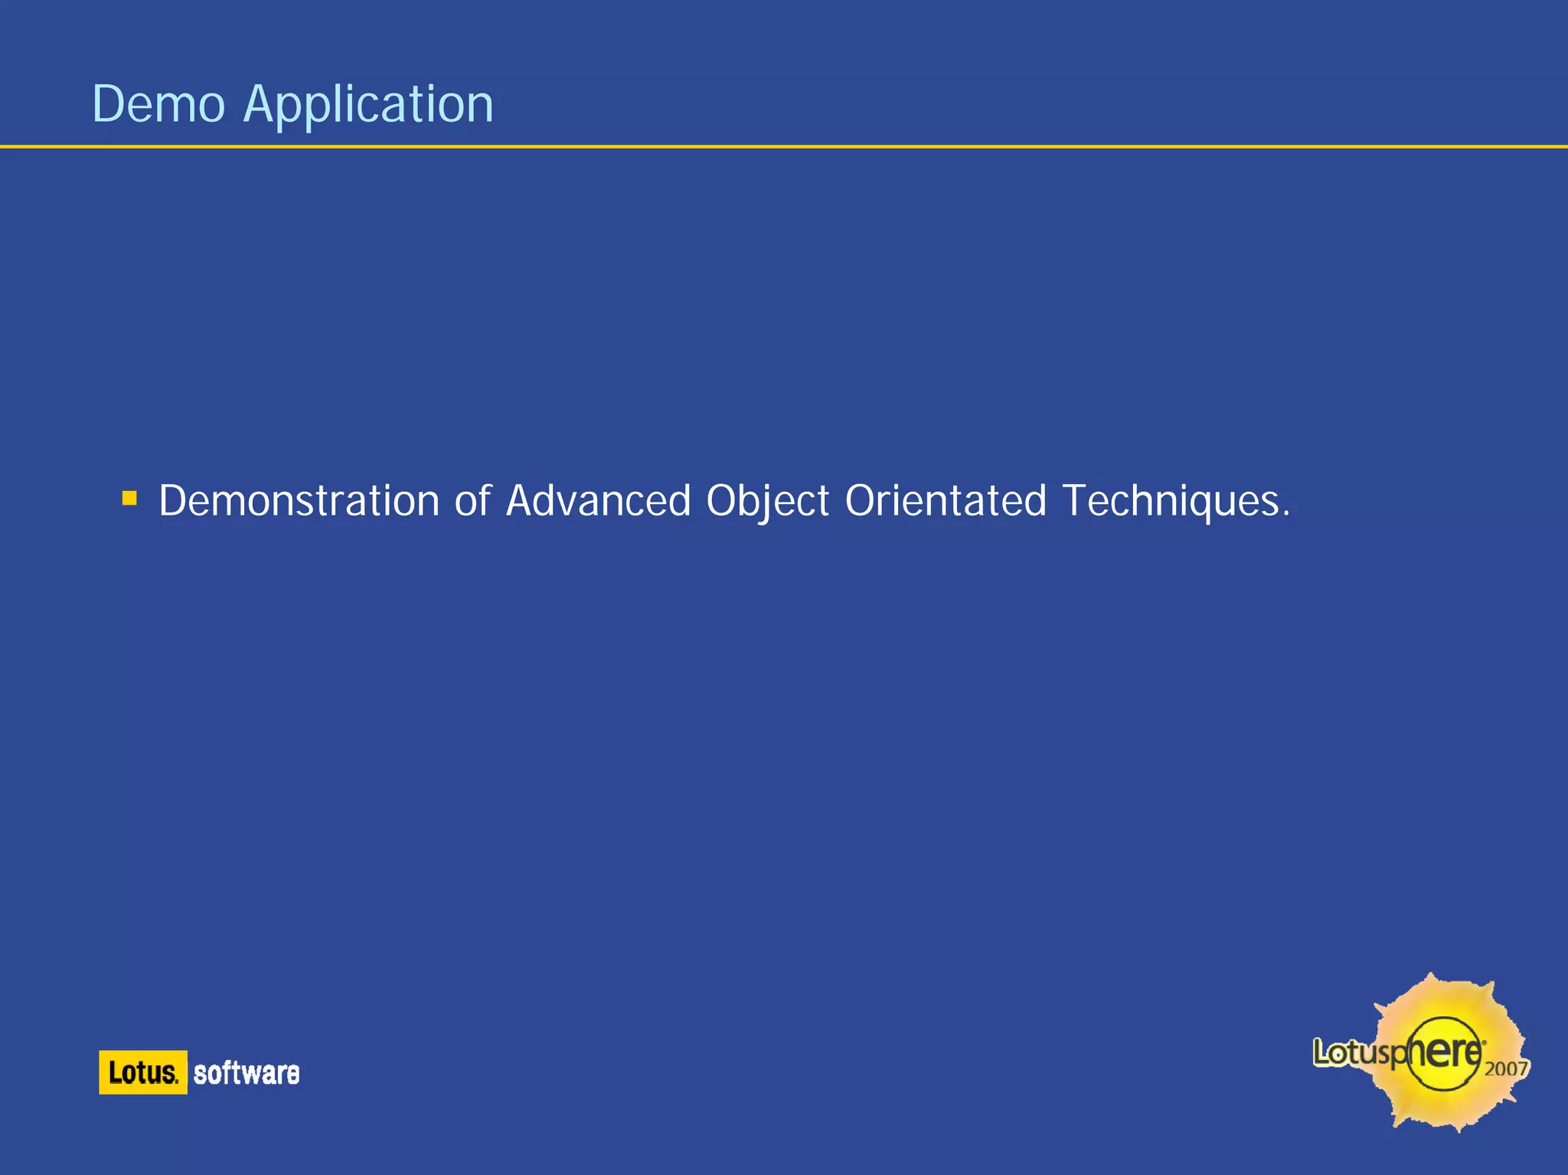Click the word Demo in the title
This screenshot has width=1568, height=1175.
tap(158, 104)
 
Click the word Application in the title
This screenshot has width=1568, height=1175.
tap(368, 106)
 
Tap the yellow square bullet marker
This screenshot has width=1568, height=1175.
tap(129, 499)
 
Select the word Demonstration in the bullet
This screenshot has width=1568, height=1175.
tap(299, 501)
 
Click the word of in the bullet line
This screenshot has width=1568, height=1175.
tap(472, 501)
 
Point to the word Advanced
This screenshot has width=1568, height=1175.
tap(598, 501)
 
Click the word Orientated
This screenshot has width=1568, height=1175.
tap(946, 501)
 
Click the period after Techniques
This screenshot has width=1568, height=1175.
tap(1286, 515)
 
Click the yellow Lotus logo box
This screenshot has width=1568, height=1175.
tap(142, 1072)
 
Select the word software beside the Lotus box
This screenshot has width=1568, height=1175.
tap(247, 1073)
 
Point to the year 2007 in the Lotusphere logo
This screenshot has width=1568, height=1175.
tap(1506, 1068)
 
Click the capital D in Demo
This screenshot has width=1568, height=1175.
tap(106, 104)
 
